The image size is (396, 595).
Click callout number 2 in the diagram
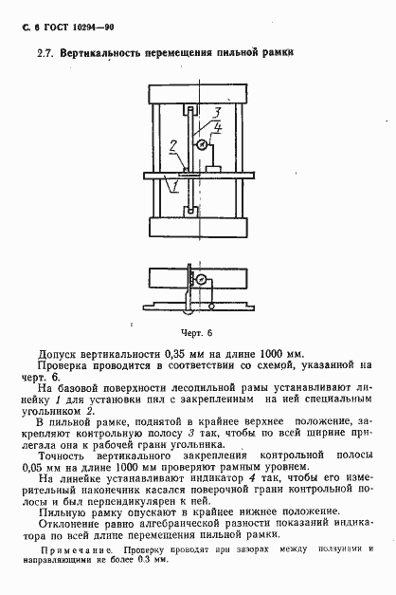point(171,146)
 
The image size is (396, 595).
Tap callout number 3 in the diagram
point(218,113)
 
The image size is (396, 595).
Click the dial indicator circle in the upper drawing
point(201,144)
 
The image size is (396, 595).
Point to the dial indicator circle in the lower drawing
point(201,279)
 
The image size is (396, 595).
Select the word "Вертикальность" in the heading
point(103,55)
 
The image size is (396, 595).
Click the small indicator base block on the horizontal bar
point(214,169)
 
